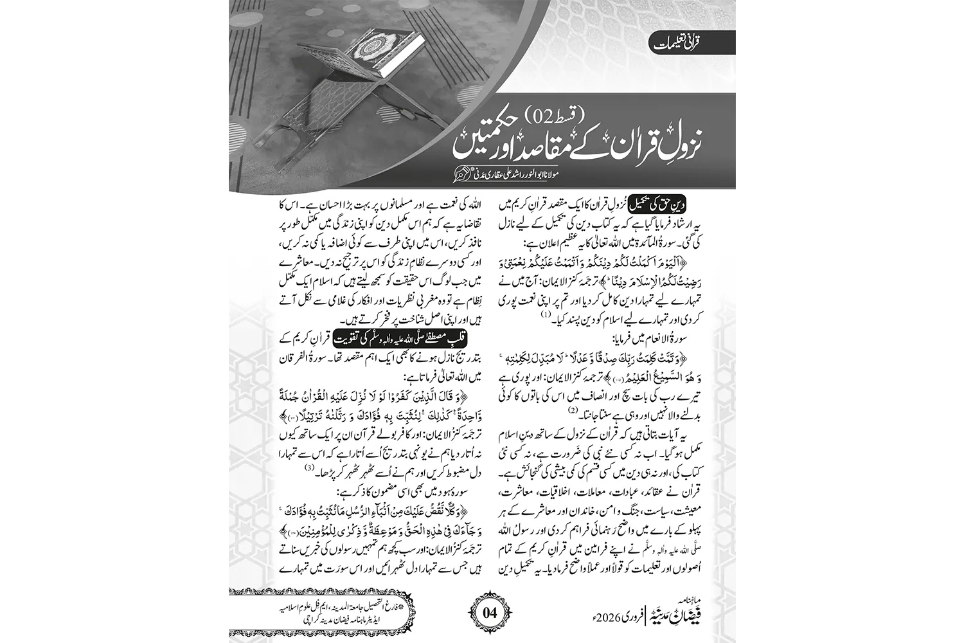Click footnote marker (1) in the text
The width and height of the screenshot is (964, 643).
click(546, 315)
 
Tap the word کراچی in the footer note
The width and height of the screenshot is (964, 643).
click(290, 622)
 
